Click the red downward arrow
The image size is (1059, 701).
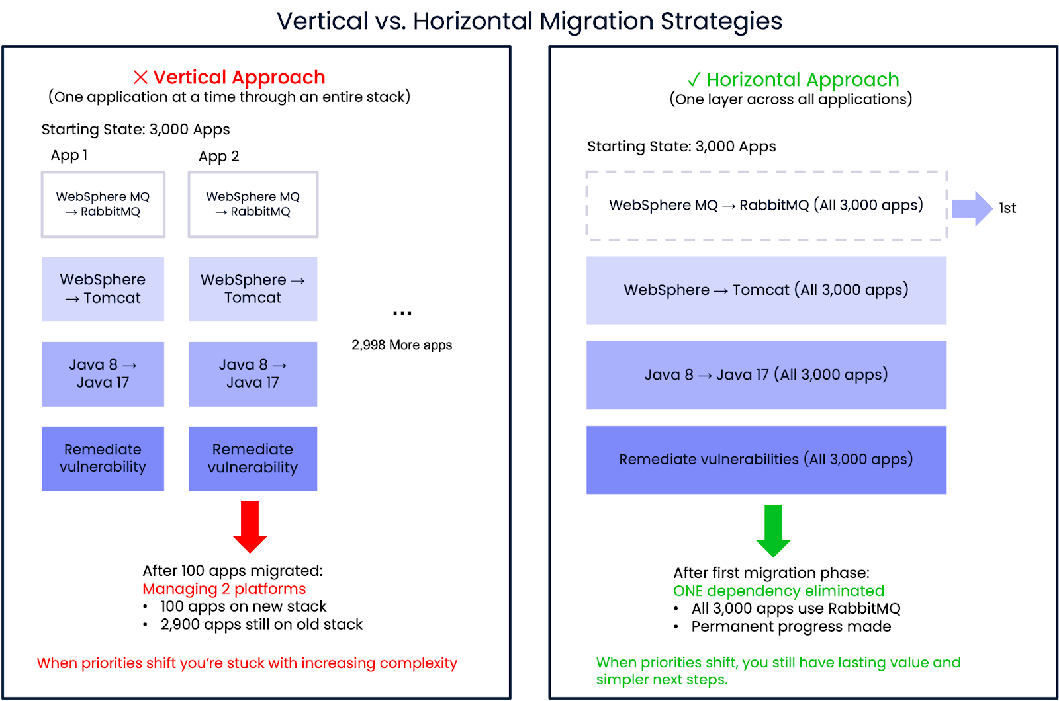pos(250,526)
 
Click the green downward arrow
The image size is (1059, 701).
pos(773,530)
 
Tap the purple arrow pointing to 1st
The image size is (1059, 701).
pos(971,208)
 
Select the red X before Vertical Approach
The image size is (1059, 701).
pos(140,77)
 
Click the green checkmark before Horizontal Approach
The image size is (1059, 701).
pos(694,80)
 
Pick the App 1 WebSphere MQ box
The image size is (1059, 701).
pos(103,204)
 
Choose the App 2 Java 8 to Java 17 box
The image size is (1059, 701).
pos(252,374)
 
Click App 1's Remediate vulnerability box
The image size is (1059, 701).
pos(103,458)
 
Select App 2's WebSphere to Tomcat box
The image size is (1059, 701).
pos(252,289)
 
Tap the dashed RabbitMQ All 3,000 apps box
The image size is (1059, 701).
pos(766,206)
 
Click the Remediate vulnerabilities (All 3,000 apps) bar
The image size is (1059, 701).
pos(766,460)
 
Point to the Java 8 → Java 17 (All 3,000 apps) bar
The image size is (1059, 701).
pos(766,375)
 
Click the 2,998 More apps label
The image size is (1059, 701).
pos(402,345)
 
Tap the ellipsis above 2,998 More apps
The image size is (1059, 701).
pos(402,313)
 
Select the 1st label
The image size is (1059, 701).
pos(1007,208)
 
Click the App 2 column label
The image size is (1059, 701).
pos(218,157)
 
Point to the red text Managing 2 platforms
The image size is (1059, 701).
pos(224,589)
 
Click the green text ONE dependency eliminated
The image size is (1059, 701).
pos(778,591)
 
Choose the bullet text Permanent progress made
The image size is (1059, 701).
pos(791,626)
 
